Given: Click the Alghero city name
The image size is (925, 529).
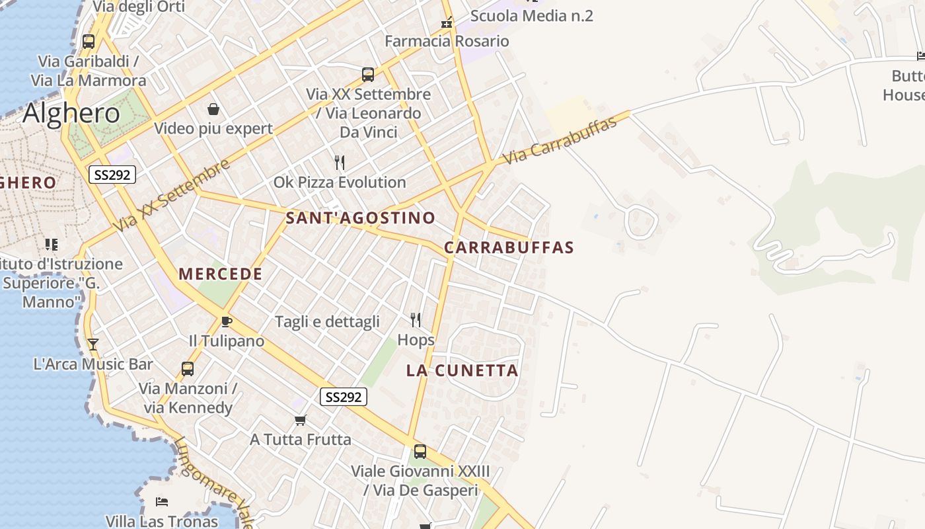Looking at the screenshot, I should pyautogui.click(x=71, y=114).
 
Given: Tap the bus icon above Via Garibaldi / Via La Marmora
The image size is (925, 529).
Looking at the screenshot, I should pyautogui.click(x=88, y=41).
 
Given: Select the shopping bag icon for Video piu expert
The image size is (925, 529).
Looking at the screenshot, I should pyautogui.click(x=213, y=108).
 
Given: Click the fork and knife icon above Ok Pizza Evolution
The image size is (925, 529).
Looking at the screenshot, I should pyautogui.click(x=340, y=162).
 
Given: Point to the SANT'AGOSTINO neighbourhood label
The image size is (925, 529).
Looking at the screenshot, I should pyautogui.click(x=361, y=218).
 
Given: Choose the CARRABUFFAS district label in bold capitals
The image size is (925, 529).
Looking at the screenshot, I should pyautogui.click(x=509, y=247).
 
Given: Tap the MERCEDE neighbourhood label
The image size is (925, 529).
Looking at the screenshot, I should pyautogui.click(x=221, y=274).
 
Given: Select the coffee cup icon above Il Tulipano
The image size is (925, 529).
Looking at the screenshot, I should pyautogui.click(x=226, y=321).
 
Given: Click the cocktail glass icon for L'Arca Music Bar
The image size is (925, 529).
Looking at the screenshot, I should pyautogui.click(x=92, y=344).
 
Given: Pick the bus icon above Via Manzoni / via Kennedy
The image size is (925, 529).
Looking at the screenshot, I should pyautogui.click(x=188, y=368).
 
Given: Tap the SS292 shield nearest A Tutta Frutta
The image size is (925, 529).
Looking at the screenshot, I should pyautogui.click(x=344, y=397).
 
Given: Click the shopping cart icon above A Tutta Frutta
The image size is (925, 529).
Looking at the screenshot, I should pyautogui.click(x=300, y=420).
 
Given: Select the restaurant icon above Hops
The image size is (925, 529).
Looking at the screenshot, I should pyautogui.click(x=416, y=320).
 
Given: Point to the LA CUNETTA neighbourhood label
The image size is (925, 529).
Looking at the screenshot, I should pyautogui.click(x=462, y=370).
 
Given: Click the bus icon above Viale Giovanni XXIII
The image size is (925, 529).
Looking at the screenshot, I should pyautogui.click(x=420, y=452).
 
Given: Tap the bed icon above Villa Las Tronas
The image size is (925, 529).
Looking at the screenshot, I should pyautogui.click(x=161, y=502).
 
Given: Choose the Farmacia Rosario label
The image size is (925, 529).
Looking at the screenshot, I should pyautogui.click(x=447, y=41).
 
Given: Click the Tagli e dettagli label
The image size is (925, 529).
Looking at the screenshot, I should pyautogui.click(x=327, y=321).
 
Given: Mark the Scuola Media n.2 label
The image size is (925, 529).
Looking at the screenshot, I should pyautogui.click(x=531, y=16).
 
